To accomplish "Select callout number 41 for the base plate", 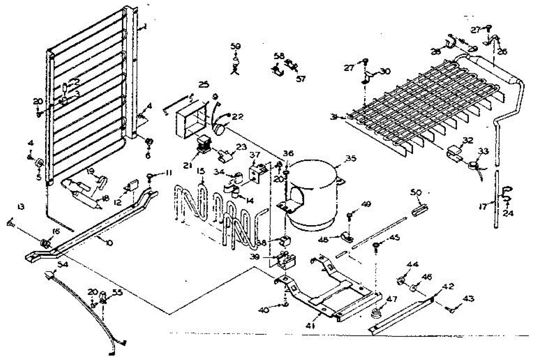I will [x=311, y=327].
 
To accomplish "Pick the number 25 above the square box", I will [x=204, y=84].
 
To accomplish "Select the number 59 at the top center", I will [x=235, y=46].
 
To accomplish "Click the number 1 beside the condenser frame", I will [x=144, y=27].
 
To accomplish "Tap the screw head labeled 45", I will [x=377, y=244].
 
